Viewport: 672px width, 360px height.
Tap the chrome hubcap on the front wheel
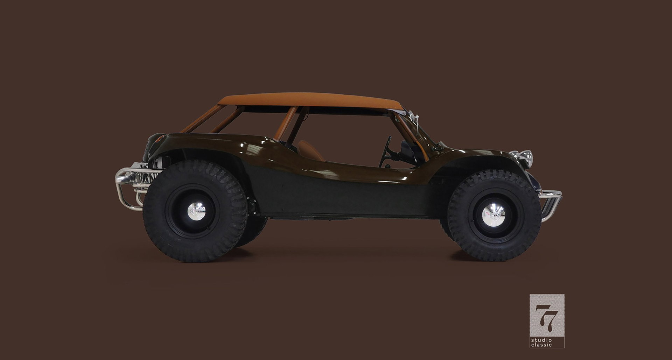click(493, 213)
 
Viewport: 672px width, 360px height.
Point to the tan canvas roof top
click(310, 99)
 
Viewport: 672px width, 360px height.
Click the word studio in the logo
click(541, 340)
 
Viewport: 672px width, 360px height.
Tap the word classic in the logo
click(541, 345)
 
